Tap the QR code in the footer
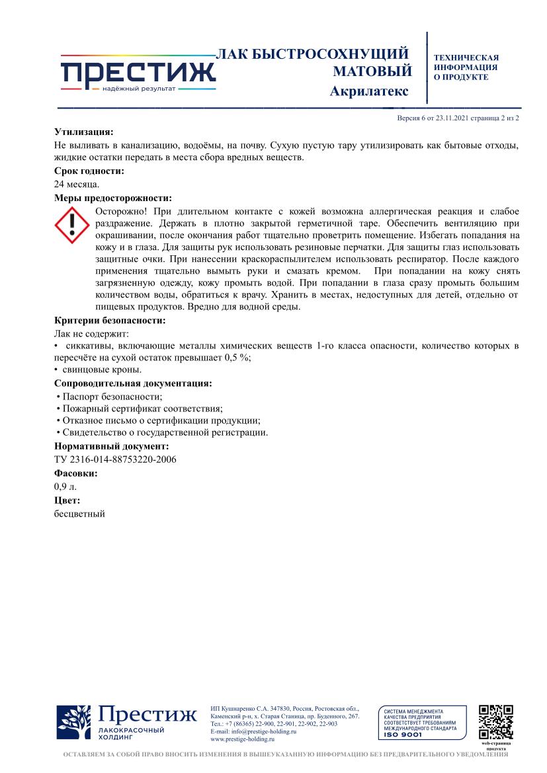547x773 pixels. pyautogui.click(x=496, y=723)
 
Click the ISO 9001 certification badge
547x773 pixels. pyautogui.click(x=419, y=723)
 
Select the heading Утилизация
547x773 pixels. pyautogui.click(x=84, y=132)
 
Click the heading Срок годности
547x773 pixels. pyautogui.click(x=89, y=171)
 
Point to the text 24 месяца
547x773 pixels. pyautogui.click(x=77, y=184)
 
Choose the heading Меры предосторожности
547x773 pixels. pyautogui.click(x=113, y=198)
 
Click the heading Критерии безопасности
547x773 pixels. pyautogui.click(x=110, y=321)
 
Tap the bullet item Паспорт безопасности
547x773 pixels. pyautogui.click(x=112, y=396)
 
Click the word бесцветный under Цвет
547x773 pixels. pyautogui.click(x=79, y=513)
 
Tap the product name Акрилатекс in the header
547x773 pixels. pyautogui.click(x=368, y=91)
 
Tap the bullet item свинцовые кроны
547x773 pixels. pyautogui.click(x=102, y=370)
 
